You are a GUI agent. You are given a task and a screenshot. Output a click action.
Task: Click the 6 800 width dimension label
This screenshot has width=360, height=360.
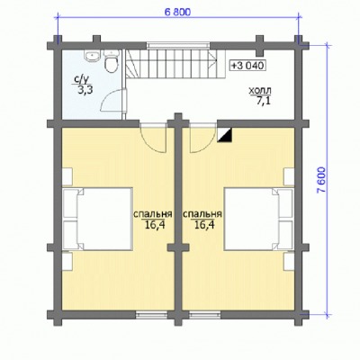177,12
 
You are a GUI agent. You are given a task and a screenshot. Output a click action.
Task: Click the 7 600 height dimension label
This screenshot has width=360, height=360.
321,179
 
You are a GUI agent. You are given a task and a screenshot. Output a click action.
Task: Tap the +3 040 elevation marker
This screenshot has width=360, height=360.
248,65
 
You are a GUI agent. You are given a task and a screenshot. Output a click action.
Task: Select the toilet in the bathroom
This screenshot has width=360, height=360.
112,61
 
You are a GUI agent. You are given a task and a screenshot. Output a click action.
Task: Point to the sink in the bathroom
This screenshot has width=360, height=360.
93,57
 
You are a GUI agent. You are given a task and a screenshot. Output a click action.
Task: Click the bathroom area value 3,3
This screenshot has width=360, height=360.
85,91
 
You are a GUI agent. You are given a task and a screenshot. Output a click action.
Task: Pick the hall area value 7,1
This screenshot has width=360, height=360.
263,101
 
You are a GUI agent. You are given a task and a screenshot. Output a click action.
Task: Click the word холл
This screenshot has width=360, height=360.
260,90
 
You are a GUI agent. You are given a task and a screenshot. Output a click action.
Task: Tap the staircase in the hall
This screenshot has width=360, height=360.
175,64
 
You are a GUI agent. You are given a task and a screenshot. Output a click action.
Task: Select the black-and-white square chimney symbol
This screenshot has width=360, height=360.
225,135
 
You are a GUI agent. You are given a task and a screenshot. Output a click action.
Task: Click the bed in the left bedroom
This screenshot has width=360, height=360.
98,219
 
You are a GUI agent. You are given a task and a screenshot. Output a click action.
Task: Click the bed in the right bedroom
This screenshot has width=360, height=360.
258,219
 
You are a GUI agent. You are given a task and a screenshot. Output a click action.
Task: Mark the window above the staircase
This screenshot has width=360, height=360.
178,45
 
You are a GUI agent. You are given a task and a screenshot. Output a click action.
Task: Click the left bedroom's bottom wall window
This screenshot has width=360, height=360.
151,315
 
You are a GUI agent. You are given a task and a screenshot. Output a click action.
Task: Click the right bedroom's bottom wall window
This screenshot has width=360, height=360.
205,315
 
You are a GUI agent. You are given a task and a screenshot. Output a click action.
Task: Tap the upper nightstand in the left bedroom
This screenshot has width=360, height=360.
67,176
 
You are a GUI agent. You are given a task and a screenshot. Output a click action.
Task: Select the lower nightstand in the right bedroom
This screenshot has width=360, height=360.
289,261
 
